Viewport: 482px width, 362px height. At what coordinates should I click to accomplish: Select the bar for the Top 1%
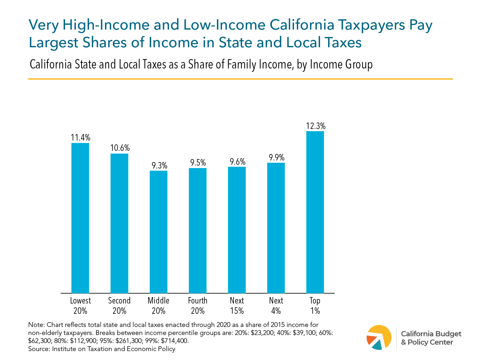click(x=315, y=212)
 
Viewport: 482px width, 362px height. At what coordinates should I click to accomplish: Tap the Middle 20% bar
click(x=158, y=232)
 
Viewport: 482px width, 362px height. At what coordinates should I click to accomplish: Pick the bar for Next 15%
click(x=237, y=230)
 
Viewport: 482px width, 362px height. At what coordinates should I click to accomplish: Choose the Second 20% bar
click(x=119, y=223)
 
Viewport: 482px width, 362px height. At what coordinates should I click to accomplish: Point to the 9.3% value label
click(x=159, y=166)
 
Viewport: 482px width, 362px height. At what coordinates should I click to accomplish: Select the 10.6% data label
click(x=120, y=148)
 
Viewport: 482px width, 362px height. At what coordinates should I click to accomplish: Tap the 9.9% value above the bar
click(x=276, y=158)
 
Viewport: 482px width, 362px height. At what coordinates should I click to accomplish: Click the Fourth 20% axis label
click(x=198, y=305)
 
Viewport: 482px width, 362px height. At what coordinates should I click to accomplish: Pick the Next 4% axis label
click(x=276, y=305)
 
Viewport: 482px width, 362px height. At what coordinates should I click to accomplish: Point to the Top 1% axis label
click(x=315, y=305)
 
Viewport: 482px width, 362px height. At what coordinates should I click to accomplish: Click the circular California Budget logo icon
click(x=379, y=338)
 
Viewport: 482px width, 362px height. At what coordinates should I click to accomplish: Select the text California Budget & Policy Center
click(x=431, y=338)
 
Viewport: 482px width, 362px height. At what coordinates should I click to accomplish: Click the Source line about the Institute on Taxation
click(x=102, y=349)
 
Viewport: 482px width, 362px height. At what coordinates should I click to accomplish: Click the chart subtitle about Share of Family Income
click(x=201, y=65)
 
